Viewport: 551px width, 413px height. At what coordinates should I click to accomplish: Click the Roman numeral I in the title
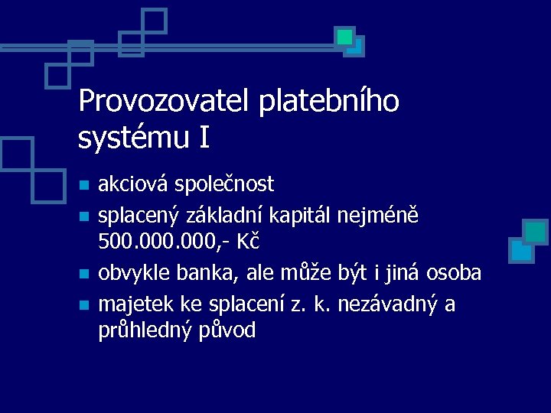(204, 138)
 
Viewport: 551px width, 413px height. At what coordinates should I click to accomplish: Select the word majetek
(137, 304)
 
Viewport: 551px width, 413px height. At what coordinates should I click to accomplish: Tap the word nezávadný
(387, 304)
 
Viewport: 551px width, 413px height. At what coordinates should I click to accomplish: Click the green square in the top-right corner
(345, 37)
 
